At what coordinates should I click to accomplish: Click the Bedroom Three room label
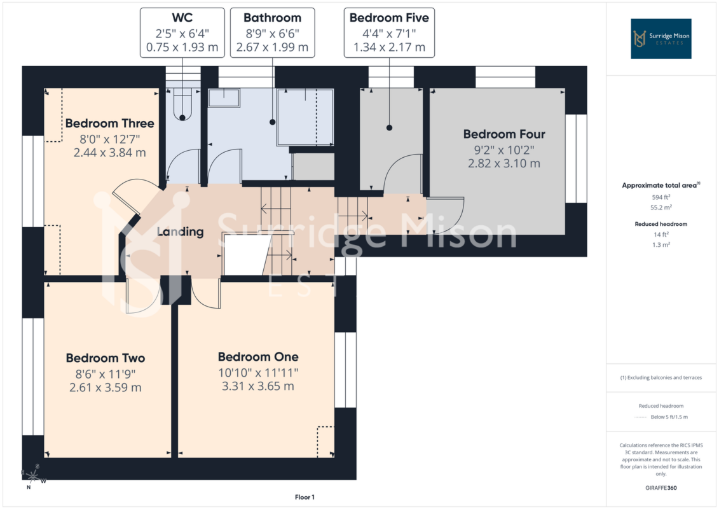coord(109,123)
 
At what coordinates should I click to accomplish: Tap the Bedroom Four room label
coord(504,134)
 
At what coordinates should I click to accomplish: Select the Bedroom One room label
coord(258,357)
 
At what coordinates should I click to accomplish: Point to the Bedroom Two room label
coord(106,358)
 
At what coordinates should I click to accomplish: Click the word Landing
coord(180,232)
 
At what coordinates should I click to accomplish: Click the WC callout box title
coord(182,18)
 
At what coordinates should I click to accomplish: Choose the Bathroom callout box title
coord(272,18)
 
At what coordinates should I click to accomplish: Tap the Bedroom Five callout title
coord(389,18)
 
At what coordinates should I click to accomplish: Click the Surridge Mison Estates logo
coord(661,39)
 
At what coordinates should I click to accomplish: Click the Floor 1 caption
coord(305,497)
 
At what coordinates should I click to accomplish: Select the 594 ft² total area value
coord(661,197)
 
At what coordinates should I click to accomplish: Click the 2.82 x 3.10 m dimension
coord(504,164)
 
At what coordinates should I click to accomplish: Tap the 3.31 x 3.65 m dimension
coord(258,386)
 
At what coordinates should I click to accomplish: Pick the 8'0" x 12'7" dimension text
coord(109,139)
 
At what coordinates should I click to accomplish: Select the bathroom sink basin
coord(224,98)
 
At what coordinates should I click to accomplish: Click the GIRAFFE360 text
coord(661,488)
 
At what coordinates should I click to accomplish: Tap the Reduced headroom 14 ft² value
coord(661,234)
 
